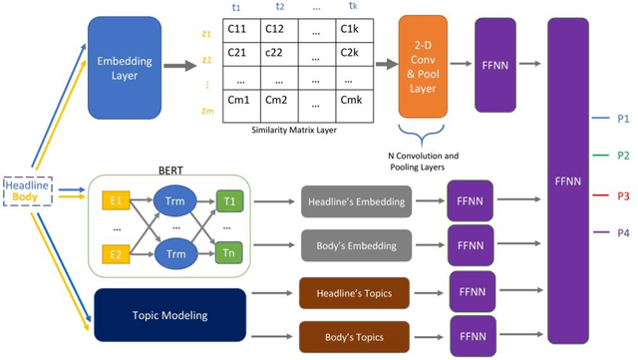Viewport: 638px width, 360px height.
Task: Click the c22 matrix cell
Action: tap(283, 52)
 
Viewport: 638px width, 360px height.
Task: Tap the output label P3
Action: tap(623, 194)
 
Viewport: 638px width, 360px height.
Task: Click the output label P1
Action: tap(623, 119)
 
